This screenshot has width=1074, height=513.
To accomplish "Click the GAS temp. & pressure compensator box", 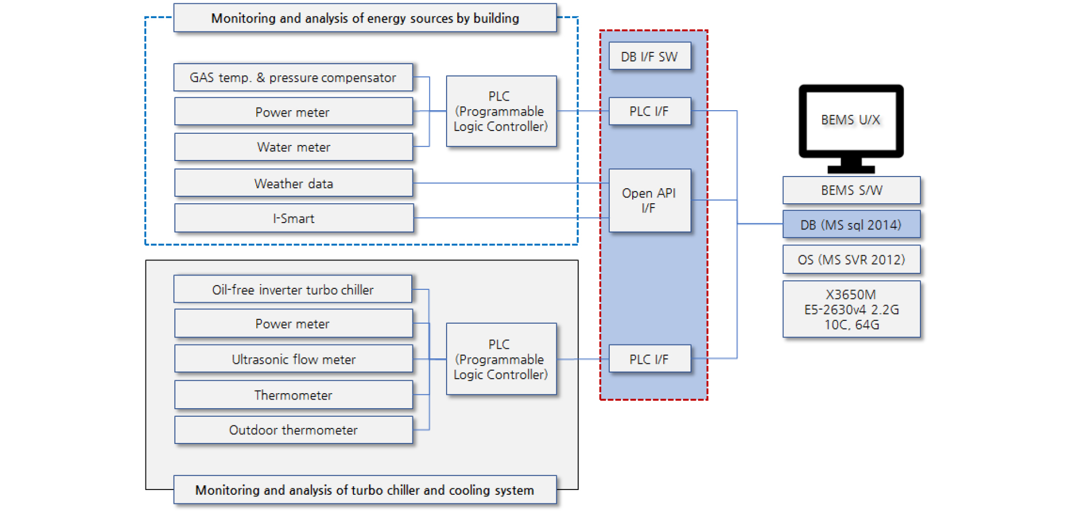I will (x=293, y=78).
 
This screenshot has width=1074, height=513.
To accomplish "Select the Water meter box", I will (x=293, y=147).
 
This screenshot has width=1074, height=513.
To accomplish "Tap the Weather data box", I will (x=293, y=183).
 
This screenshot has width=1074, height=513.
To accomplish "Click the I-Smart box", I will (x=293, y=218).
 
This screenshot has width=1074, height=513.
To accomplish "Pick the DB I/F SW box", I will (x=649, y=57).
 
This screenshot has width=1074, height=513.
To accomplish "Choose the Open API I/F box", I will (x=649, y=201).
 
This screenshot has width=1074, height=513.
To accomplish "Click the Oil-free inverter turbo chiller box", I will (x=293, y=289).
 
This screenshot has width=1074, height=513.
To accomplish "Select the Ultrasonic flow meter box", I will (x=293, y=359).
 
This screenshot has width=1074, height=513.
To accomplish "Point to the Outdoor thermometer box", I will (x=293, y=430).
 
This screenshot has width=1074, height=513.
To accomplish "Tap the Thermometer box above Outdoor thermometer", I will (x=293, y=395).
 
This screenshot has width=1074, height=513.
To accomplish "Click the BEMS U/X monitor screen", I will (x=850, y=120).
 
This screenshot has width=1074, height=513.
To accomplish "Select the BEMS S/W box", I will (x=851, y=190).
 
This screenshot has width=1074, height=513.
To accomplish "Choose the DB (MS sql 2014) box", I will (x=851, y=225).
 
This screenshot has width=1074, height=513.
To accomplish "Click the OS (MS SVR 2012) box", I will (x=851, y=259).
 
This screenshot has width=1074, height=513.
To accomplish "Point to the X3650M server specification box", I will (x=851, y=309).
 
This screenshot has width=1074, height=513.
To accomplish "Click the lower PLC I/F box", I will (x=649, y=359).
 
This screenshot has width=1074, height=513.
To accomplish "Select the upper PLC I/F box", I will (x=649, y=111).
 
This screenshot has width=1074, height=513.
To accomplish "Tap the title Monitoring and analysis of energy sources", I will (x=365, y=18).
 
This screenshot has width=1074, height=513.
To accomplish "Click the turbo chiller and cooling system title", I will (x=365, y=489).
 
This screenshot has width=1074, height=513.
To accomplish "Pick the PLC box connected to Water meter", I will (x=501, y=111).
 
